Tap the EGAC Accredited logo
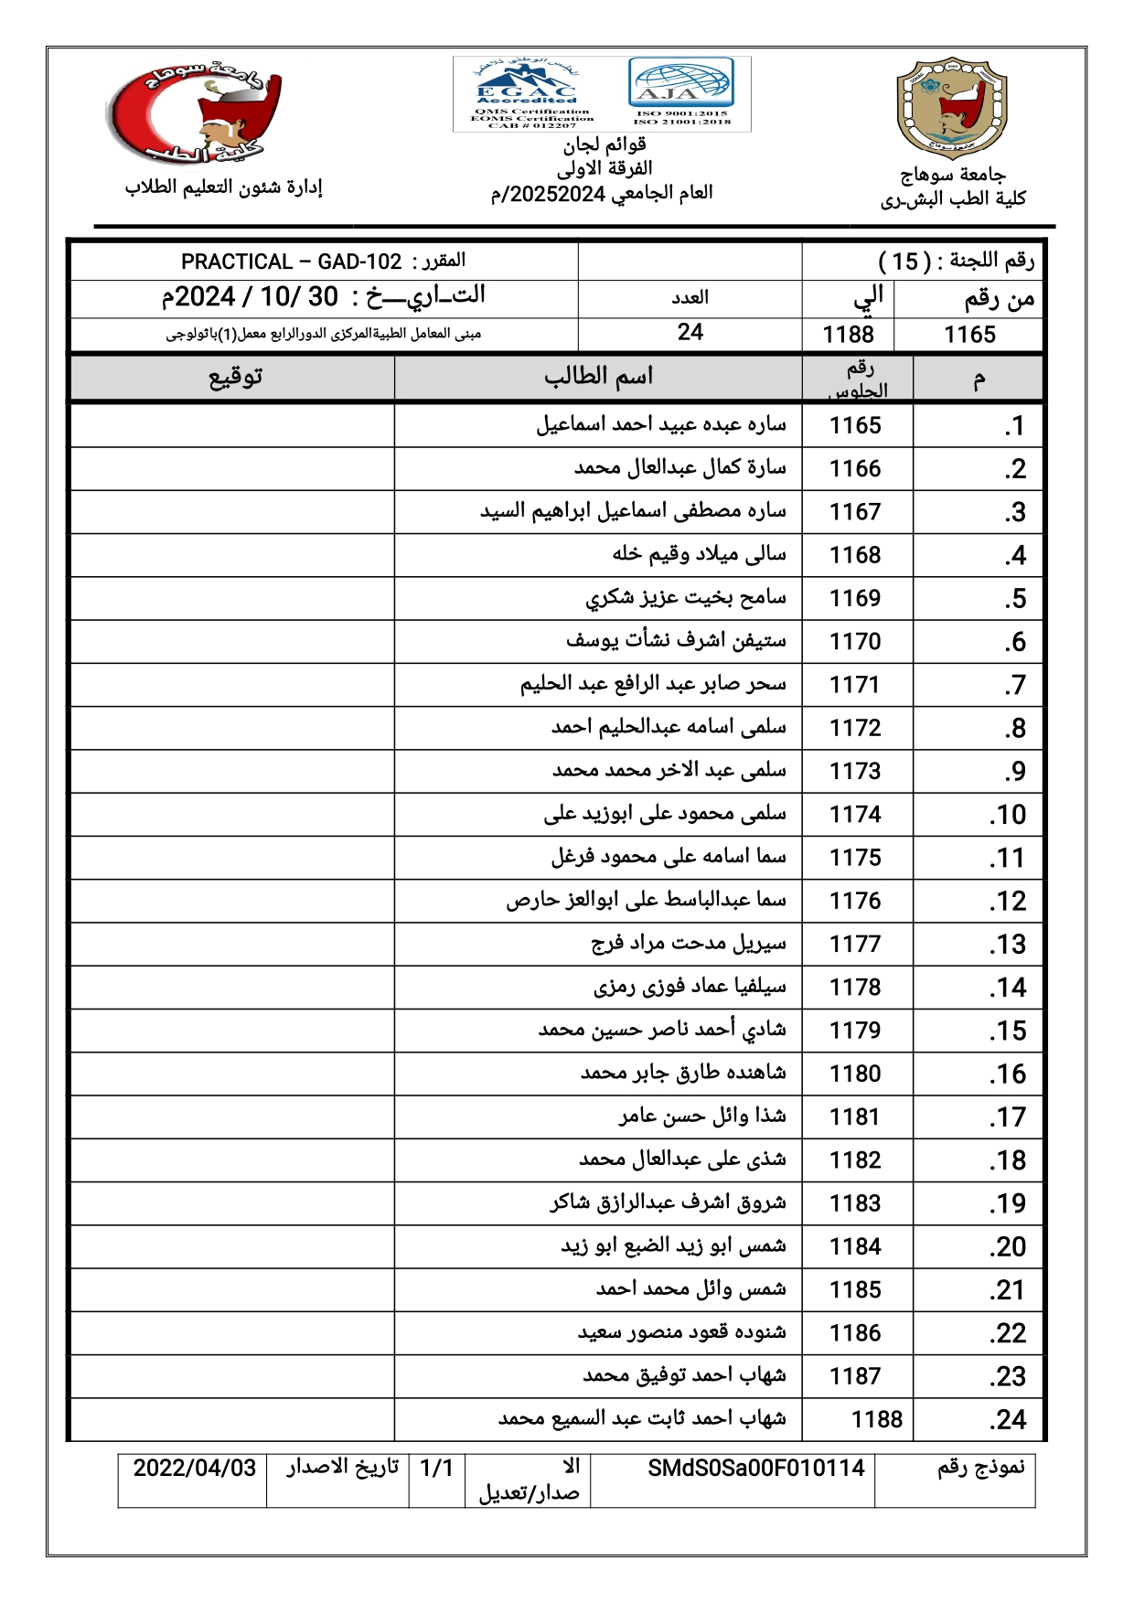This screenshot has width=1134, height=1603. pos(527,93)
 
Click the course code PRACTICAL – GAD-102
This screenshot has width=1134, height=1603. pos(291,262)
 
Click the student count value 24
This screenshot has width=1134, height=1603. pos(690,333)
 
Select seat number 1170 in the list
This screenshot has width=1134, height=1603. pos(855,642)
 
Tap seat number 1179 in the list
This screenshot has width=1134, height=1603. pos(855,1031)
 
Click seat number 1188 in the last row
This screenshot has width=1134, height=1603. pos(876,1419)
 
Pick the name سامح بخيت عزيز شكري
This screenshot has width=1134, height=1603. pos(686,598)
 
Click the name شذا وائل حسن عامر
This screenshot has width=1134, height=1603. pos(702,1117)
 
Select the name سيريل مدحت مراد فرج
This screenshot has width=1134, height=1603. pos(688,944)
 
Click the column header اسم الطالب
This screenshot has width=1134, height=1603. pos(598,377)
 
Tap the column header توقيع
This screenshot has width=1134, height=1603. pos(235,377)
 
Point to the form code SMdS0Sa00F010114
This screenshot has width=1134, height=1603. pos(755,1469)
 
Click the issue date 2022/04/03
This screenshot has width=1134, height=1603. pos(194,1469)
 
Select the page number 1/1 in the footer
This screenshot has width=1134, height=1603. pos(436,1469)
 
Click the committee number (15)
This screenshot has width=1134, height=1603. pos(904,262)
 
